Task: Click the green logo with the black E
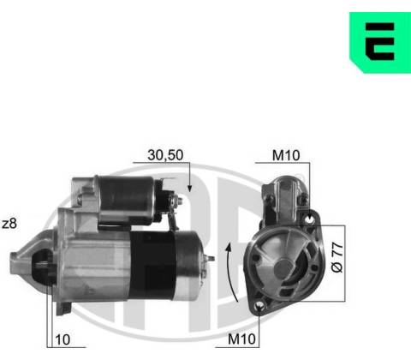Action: click(x=380, y=42)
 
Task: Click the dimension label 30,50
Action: click(x=165, y=155)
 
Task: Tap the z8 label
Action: click(x=9, y=224)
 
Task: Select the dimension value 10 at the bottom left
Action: click(x=63, y=339)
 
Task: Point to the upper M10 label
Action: click(x=286, y=155)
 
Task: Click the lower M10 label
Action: click(x=241, y=339)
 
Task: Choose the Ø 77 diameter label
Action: click(x=337, y=257)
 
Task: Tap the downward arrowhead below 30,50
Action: click(x=189, y=188)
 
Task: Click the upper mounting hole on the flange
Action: click(x=309, y=219)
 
